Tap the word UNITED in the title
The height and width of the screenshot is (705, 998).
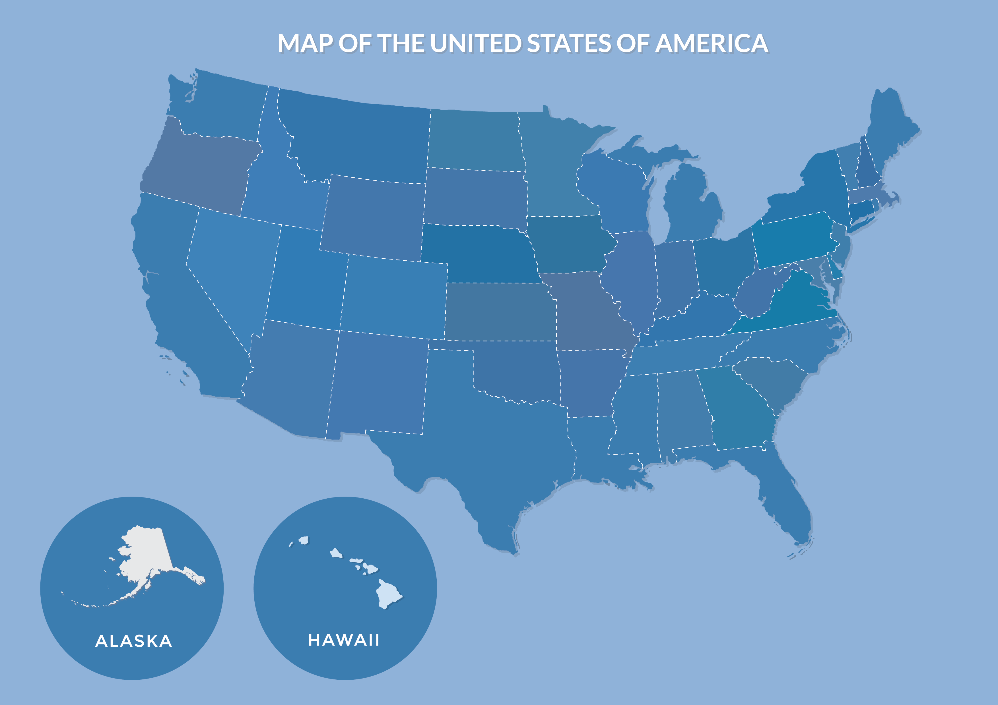pos(476,43)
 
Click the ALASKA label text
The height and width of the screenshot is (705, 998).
pos(133,641)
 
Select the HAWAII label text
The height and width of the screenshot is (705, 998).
pos(344,640)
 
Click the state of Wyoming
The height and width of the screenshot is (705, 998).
pos(374,215)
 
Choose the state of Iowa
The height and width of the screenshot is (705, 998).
pos(567,243)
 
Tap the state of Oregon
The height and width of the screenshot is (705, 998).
pos(200,169)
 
